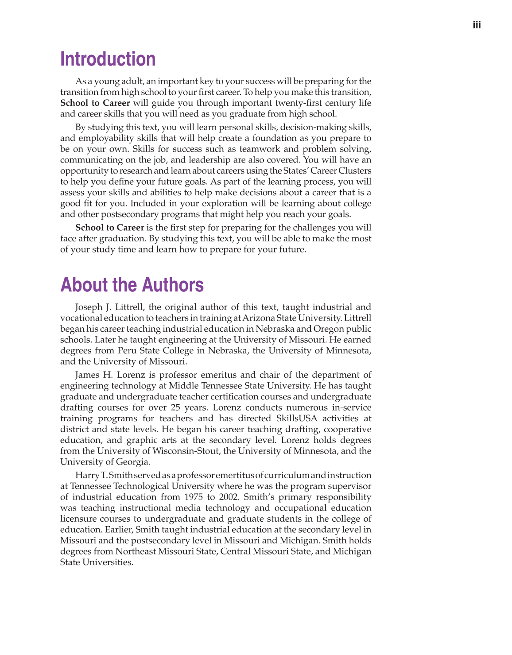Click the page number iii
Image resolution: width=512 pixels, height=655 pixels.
[477, 25]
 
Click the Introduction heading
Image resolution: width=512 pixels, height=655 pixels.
[108, 59]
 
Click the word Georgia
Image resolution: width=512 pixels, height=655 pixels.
[134, 462]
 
